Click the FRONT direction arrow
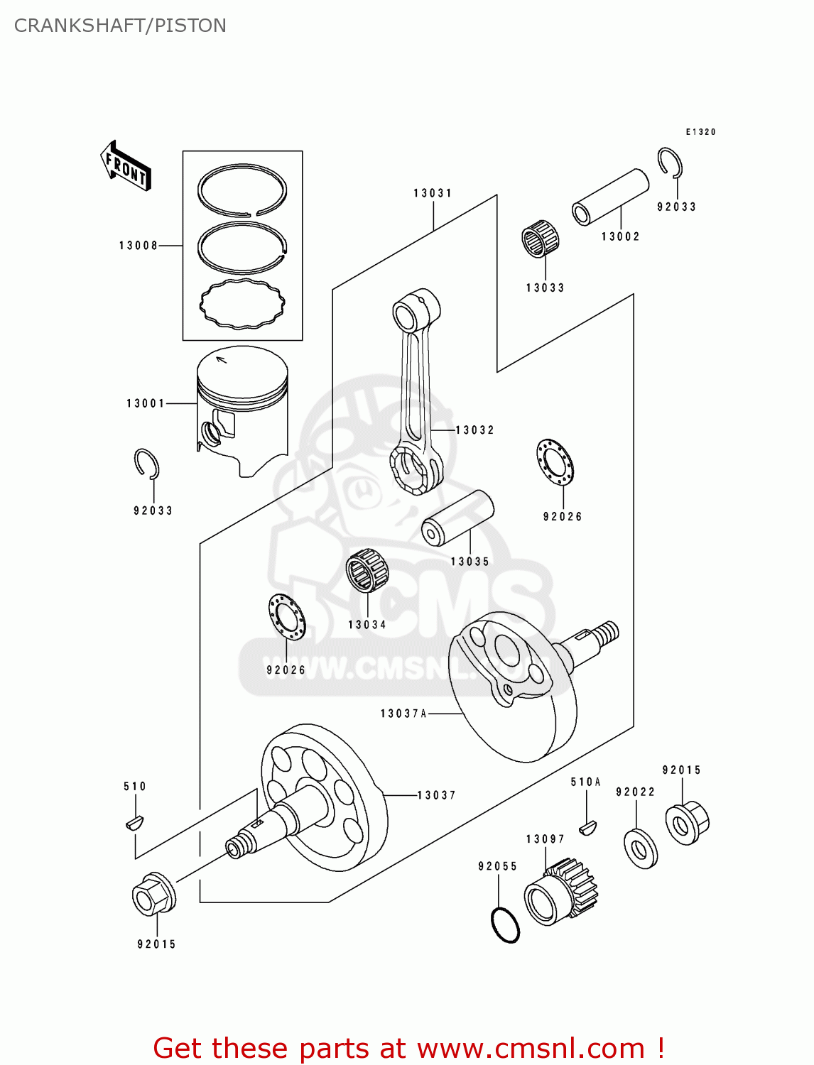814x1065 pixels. point(126,166)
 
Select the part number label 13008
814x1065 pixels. point(139,246)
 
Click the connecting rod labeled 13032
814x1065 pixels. point(417,398)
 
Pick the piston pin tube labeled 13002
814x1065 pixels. point(610,197)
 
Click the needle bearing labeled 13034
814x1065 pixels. point(367,570)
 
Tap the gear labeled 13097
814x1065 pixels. point(561,892)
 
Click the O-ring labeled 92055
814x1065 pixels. point(505,925)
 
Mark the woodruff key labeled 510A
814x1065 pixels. point(587,826)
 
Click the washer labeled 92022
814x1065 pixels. point(640,848)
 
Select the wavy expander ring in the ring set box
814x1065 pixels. point(242,304)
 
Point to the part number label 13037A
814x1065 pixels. point(403,714)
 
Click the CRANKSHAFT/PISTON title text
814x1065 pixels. point(120,26)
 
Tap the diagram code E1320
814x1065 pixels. point(700,132)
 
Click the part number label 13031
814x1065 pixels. point(433,193)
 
